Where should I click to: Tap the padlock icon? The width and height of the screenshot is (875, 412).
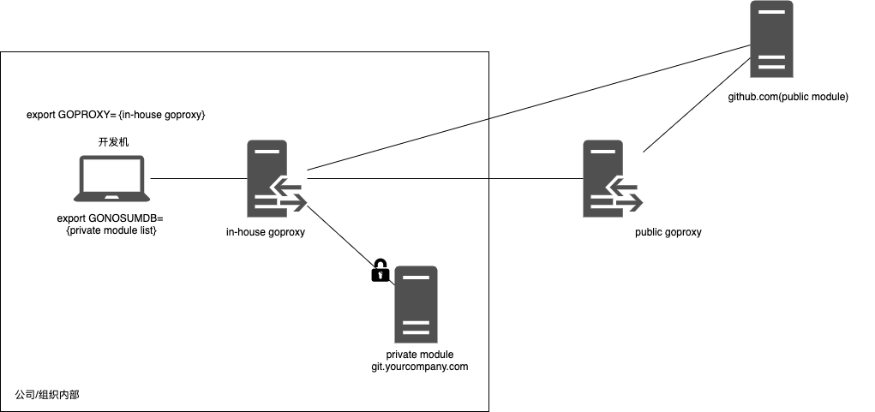(380, 271)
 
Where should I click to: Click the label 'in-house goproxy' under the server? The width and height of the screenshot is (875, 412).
(266, 232)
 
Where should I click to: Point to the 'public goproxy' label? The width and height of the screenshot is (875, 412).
(668, 232)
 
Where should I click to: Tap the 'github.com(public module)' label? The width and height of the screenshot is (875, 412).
(788, 98)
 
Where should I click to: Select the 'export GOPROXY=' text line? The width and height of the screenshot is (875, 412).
(117, 115)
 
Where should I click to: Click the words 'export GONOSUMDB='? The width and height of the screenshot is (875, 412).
(110, 218)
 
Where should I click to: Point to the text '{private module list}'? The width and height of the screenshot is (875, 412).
(111, 230)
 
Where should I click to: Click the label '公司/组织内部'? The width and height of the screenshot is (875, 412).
(48, 395)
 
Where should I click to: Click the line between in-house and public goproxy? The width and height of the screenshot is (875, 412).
(446, 179)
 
